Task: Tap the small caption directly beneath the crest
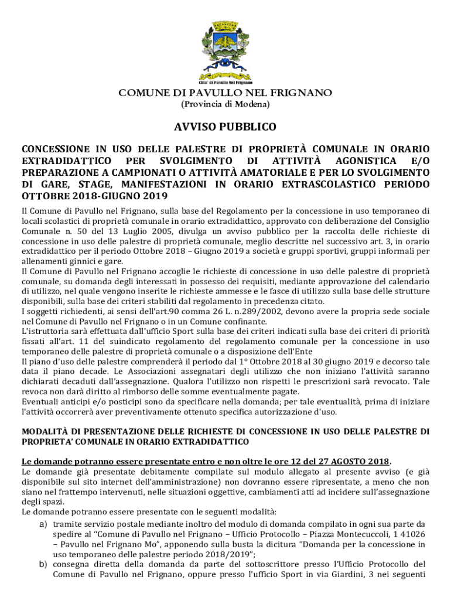pyautogui.click(x=225, y=82)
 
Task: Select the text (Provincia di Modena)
pyautogui.click(x=225, y=104)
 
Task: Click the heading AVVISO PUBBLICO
pyautogui.click(x=225, y=127)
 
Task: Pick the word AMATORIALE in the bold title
pyautogui.click(x=282, y=172)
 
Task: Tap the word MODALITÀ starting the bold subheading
pyautogui.click(x=46, y=432)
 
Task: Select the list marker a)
pyautogui.click(x=43, y=524)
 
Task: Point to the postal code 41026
pyautogui.click(x=413, y=534)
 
